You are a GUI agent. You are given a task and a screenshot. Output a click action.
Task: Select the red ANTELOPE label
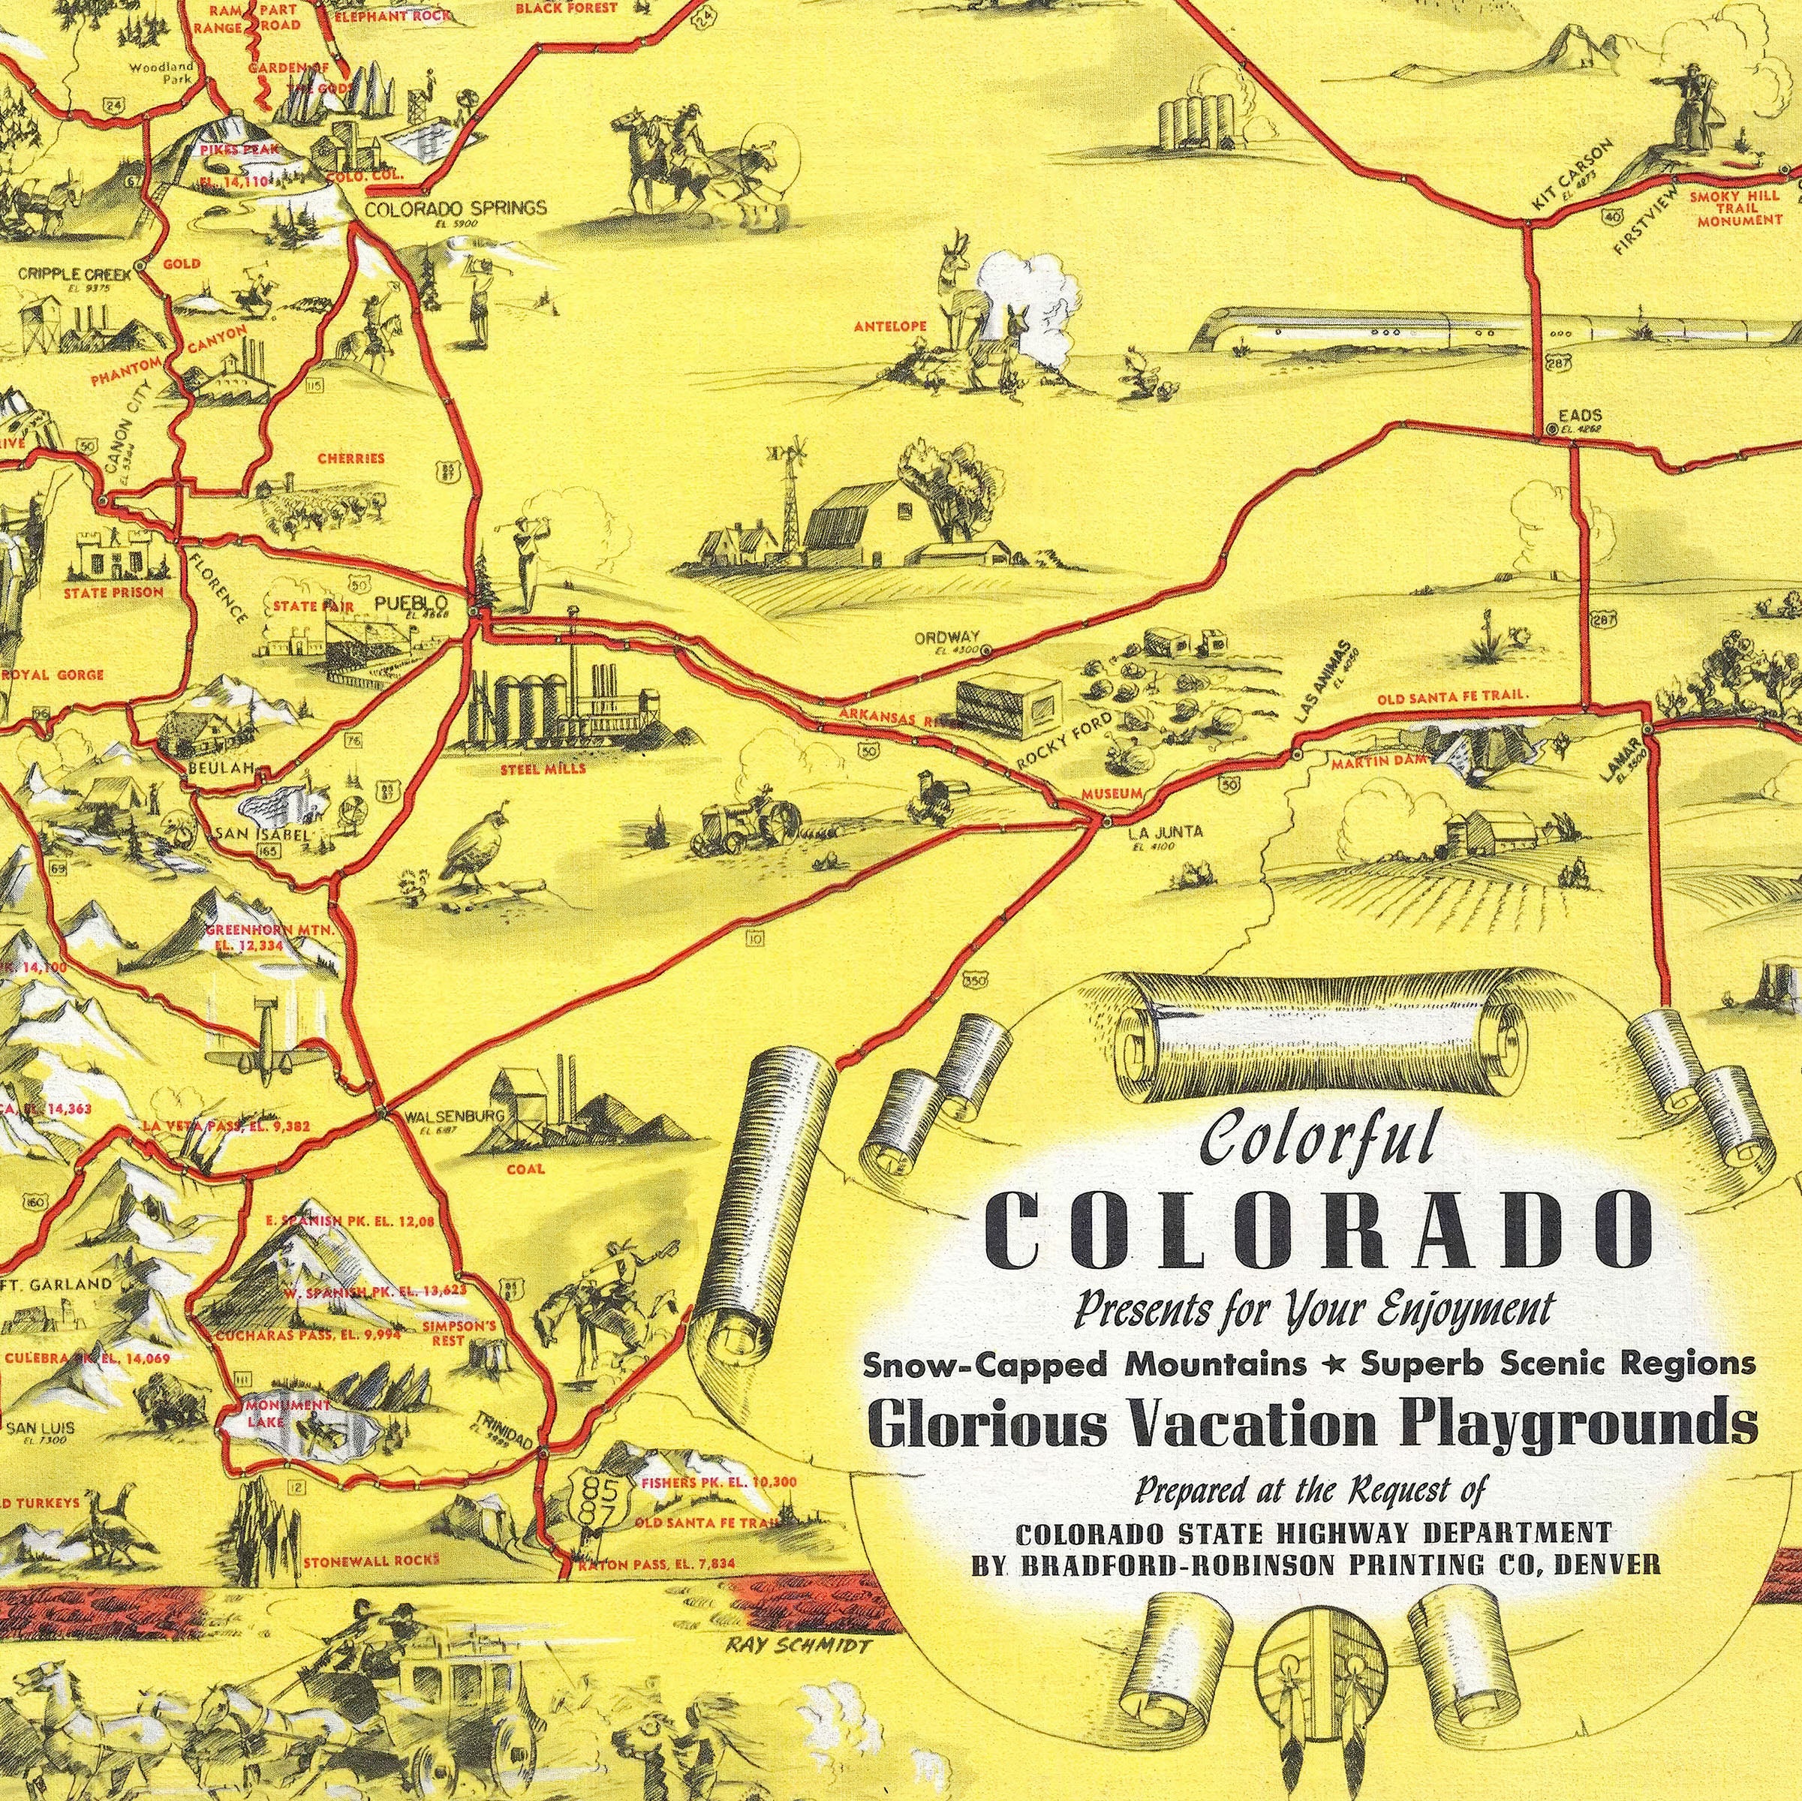890,326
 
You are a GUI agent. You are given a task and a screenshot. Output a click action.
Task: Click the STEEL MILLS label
543,769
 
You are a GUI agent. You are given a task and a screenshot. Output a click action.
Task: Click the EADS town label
1580,416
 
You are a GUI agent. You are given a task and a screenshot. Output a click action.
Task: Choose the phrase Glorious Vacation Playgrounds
1313,1424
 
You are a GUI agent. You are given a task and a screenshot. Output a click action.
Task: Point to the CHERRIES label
350,458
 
